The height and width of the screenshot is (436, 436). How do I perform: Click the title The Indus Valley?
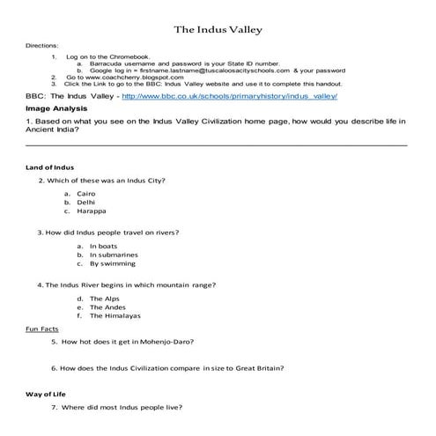tap(217, 30)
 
